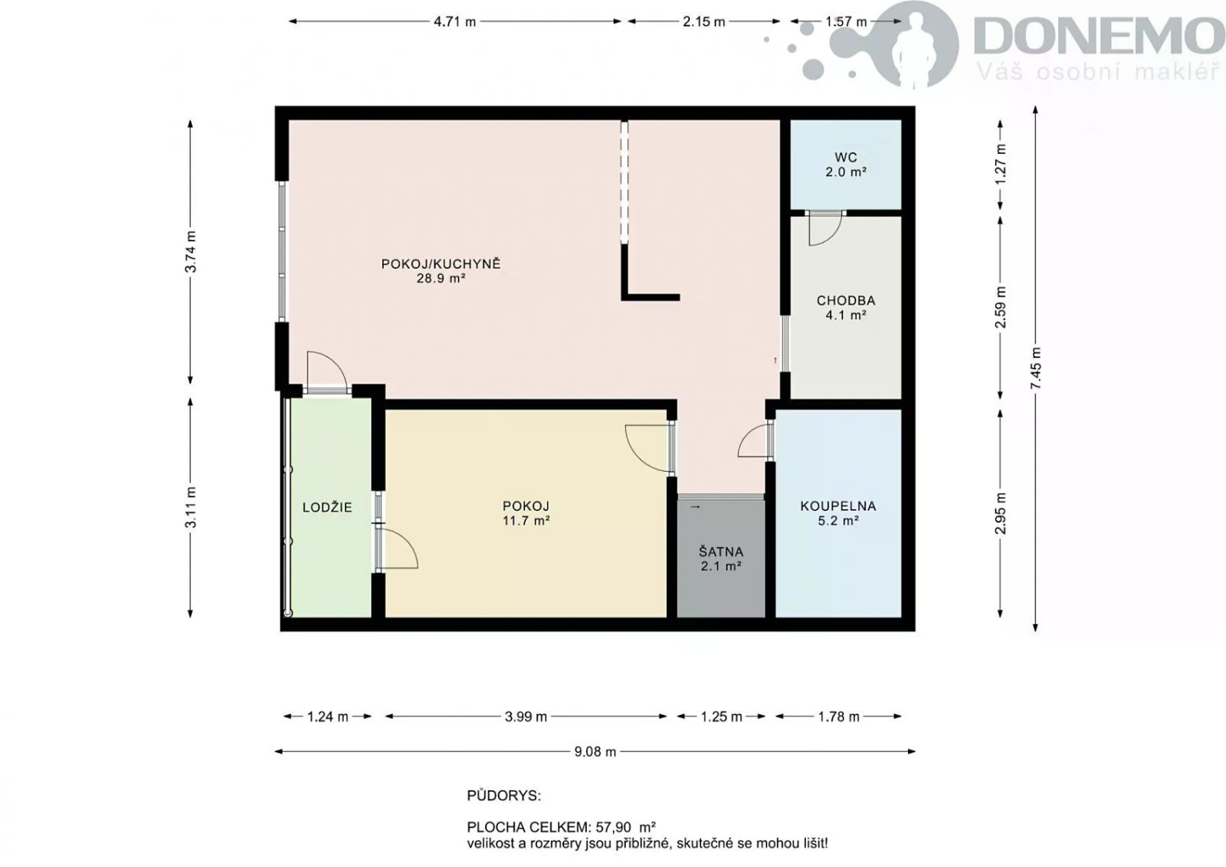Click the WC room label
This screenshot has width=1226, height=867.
[846, 158]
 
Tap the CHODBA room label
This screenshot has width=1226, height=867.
[846, 300]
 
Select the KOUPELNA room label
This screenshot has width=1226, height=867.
[838, 506]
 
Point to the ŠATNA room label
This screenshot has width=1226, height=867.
[721, 551]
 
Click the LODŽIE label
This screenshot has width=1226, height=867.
[327, 507]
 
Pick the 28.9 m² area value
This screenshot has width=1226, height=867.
[441, 279]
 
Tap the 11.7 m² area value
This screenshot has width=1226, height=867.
[526, 520]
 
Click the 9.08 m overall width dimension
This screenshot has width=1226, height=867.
[595, 751]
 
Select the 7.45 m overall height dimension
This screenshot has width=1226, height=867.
[1035, 368]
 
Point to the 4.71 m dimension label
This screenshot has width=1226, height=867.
[454, 22]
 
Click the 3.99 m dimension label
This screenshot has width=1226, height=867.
[526, 717]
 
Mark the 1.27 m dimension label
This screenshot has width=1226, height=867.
[1001, 164]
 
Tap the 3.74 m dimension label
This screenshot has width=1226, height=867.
[190, 252]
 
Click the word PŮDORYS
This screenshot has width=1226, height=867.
[503, 796]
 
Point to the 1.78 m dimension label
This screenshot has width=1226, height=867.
[838, 717]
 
